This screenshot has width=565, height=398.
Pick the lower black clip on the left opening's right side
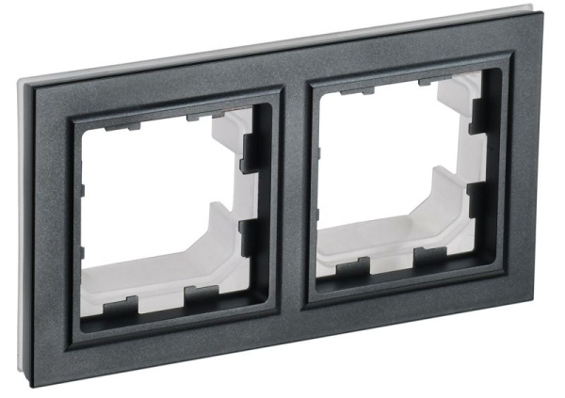pos(250,236)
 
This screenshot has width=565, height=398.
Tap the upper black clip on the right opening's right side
pos(478,113)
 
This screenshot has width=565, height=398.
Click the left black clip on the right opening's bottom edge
pos(353,267)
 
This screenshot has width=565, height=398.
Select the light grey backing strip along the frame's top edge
pos(282,41)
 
